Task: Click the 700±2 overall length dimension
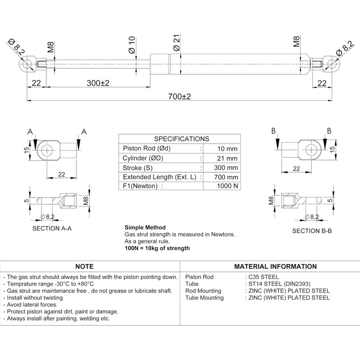pyautogui.click(x=180, y=97)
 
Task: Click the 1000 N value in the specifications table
pyautogui.click(x=227, y=186)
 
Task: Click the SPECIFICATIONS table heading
pyautogui.click(x=181, y=139)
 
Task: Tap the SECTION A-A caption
pyautogui.click(x=52, y=228)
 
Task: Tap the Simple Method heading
pyautogui.click(x=145, y=227)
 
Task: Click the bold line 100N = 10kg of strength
pyautogui.click(x=157, y=248)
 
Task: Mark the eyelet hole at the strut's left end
pyautogui.click(x=27, y=63)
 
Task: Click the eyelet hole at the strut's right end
pyautogui.click(x=333, y=63)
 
